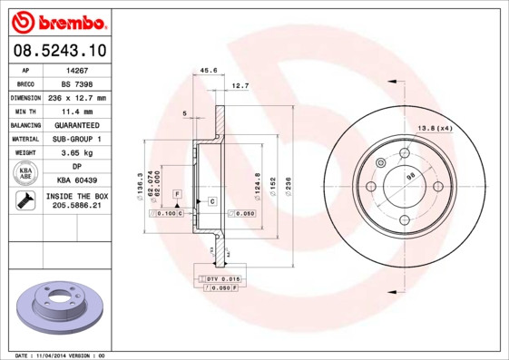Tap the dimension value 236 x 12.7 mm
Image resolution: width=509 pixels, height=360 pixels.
pyautogui.click(x=76, y=97)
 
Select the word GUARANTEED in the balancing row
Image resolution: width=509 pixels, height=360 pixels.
pyautogui.click(x=75, y=124)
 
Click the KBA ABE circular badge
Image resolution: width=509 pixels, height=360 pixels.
pyautogui.click(x=26, y=173)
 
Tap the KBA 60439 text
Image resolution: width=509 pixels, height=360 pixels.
pyautogui.click(x=75, y=180)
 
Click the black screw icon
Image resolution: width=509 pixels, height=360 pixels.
pyautogui.click(x=25, y=201)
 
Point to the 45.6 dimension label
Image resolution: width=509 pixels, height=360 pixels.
pyautogui.click(x=208, y=69)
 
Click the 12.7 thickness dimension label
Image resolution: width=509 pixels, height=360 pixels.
pyautogui.click(x=240, y=85)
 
